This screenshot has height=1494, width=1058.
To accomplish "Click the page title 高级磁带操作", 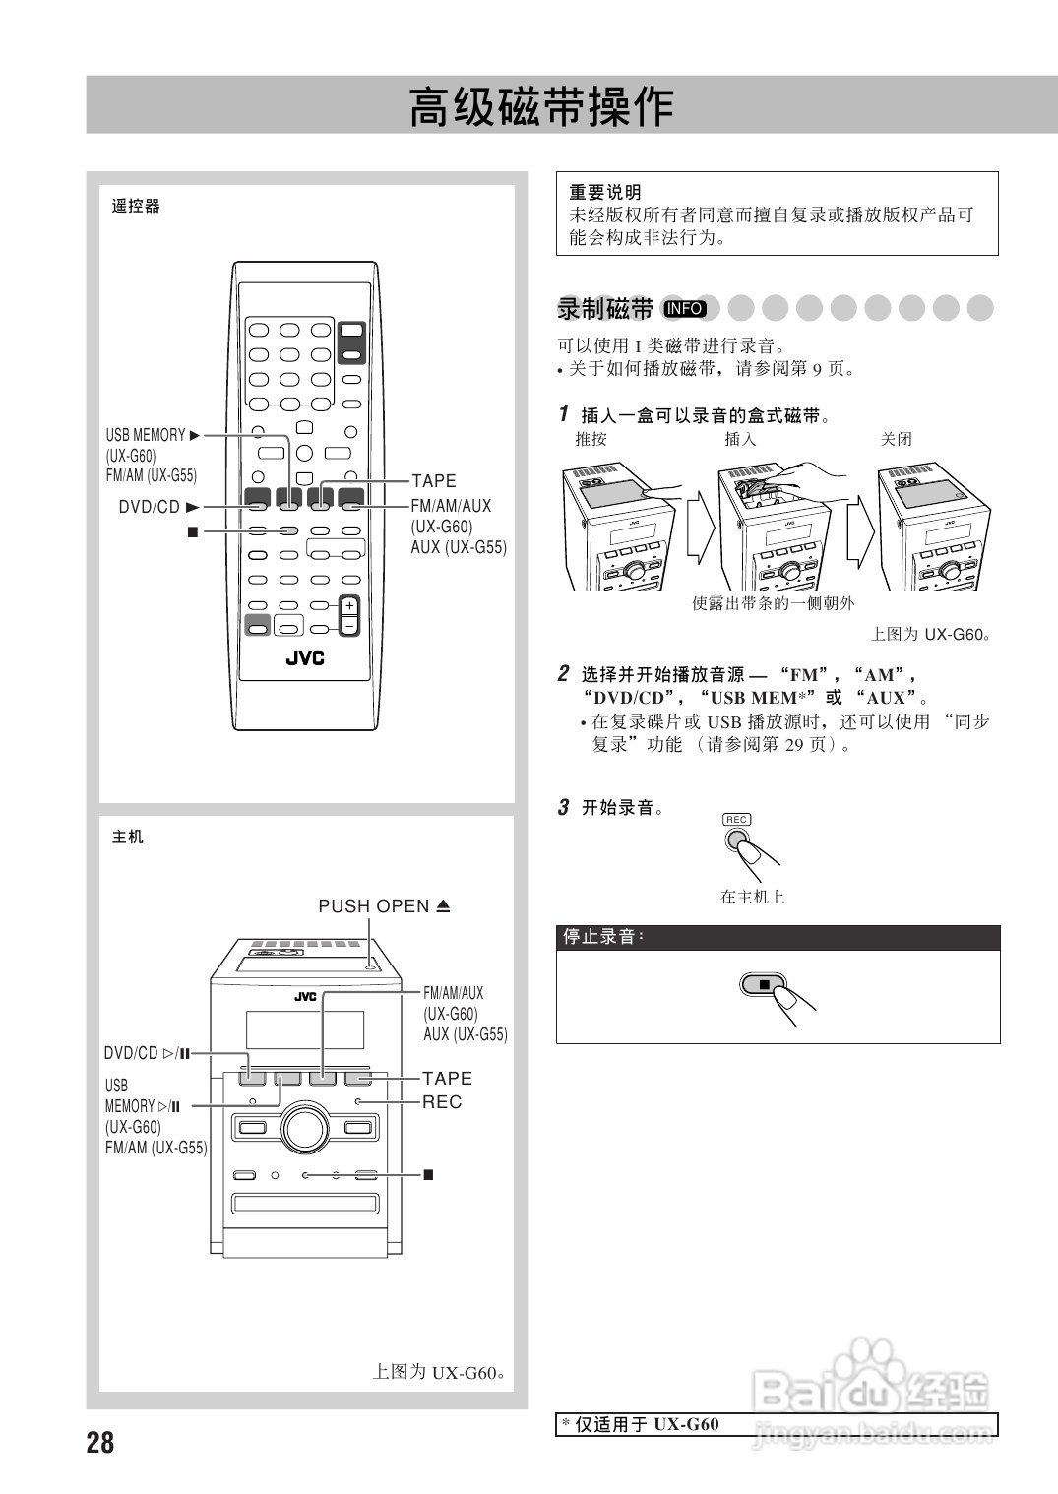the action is point(541,107).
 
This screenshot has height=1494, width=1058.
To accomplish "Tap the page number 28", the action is point(100,1443).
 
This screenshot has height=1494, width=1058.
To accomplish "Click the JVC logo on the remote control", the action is point(305,657).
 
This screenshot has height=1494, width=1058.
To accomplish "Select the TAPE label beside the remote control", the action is point(434,481).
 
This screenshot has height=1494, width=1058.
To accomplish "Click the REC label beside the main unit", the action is point(442,1102).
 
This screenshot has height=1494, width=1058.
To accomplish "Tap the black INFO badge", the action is point(684,309).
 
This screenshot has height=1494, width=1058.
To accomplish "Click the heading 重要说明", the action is point(605,192).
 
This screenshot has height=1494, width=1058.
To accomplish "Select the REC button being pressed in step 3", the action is point(737,840).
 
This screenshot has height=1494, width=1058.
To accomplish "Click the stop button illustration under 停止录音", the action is point(764,983).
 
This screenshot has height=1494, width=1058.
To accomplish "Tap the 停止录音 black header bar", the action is point(778,937).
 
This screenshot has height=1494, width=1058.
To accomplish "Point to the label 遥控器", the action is point(136,207).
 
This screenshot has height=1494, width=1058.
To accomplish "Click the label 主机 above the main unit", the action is point(128,837).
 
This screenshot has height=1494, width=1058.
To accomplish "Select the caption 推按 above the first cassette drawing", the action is point(591,439).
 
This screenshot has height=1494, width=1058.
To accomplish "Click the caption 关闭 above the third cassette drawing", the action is point(896,439).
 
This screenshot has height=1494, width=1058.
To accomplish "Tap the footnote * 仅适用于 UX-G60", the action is point(641,1424).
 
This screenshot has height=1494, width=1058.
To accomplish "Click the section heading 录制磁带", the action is point(605,309).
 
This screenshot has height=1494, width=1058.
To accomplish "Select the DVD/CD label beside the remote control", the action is point(150,507).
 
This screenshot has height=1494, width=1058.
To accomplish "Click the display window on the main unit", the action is point(304,1029).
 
